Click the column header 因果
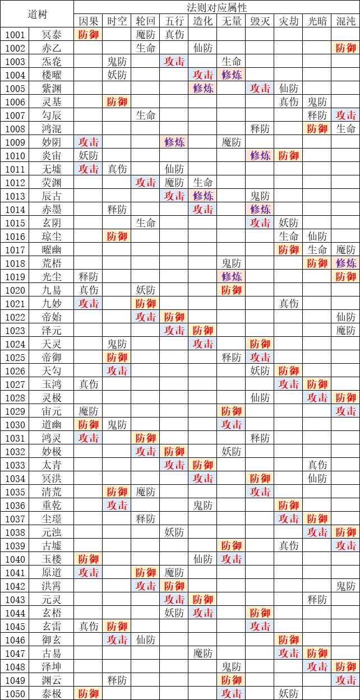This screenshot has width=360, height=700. point(88,21)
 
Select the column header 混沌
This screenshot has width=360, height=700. point(346,21)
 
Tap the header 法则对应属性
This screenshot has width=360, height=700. point(216,7)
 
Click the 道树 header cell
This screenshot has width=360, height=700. point(37,14)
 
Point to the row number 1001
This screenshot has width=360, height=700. point(15,35)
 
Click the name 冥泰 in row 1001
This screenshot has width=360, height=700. point(52,35)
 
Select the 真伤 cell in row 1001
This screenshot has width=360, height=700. point(174,35)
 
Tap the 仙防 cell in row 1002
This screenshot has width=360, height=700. point(202,48)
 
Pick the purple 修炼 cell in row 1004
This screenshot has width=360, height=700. point(231,75)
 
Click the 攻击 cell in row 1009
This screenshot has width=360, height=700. point(88,142)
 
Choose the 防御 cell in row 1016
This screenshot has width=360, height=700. point(117,237)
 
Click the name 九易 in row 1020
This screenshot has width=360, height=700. point(52,290)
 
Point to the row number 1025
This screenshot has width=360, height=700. point(15,358)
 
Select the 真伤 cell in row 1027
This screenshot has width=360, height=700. point(88,384)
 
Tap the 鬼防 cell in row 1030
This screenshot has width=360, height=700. point(117,425)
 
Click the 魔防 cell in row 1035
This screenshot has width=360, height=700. point(146,492)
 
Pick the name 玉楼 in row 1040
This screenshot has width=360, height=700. point(52,559)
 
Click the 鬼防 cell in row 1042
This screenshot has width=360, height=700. point(346,586)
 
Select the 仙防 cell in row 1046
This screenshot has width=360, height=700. point(146,640)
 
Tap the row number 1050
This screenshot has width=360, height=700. point(15,694)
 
